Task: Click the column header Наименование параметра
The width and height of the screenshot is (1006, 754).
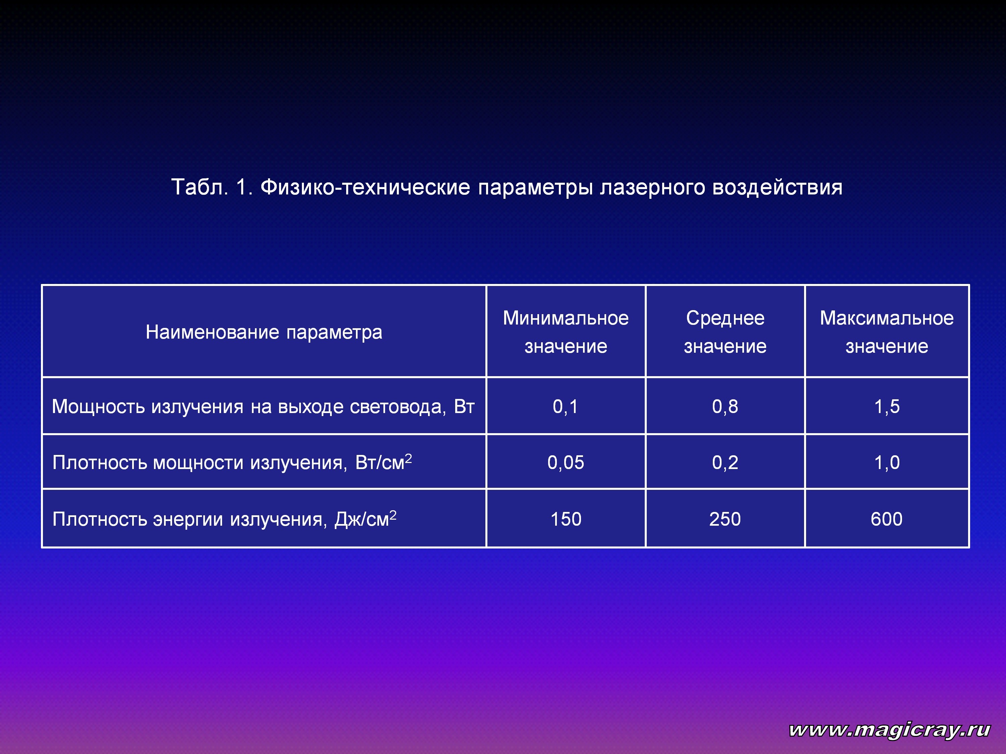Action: (x=264, y=332)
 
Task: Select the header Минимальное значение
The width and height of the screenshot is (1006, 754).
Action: (x=566, y=332)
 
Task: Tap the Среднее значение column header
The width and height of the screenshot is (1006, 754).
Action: (x=725, y=332)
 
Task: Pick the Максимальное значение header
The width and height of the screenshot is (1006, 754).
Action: (x=887, y=332)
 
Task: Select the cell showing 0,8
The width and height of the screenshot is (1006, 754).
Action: (x=725, y=406)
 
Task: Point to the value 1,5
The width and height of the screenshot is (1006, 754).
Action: (x=887, y=406)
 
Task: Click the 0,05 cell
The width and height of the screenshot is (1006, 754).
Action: (x=566, y=463)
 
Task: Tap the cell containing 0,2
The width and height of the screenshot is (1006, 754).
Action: (x=725, y=463)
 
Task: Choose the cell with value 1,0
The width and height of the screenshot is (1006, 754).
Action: (x=887, y=463)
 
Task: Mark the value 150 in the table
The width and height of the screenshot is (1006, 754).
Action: (x=566, y=519)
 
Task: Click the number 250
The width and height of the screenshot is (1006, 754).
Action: (x=725, y=519)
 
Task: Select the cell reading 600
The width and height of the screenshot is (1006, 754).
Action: (x=887, y=519)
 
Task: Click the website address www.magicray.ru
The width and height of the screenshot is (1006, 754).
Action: (x=890, y=730)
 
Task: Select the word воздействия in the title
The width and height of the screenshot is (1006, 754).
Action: (x=777, y=187)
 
